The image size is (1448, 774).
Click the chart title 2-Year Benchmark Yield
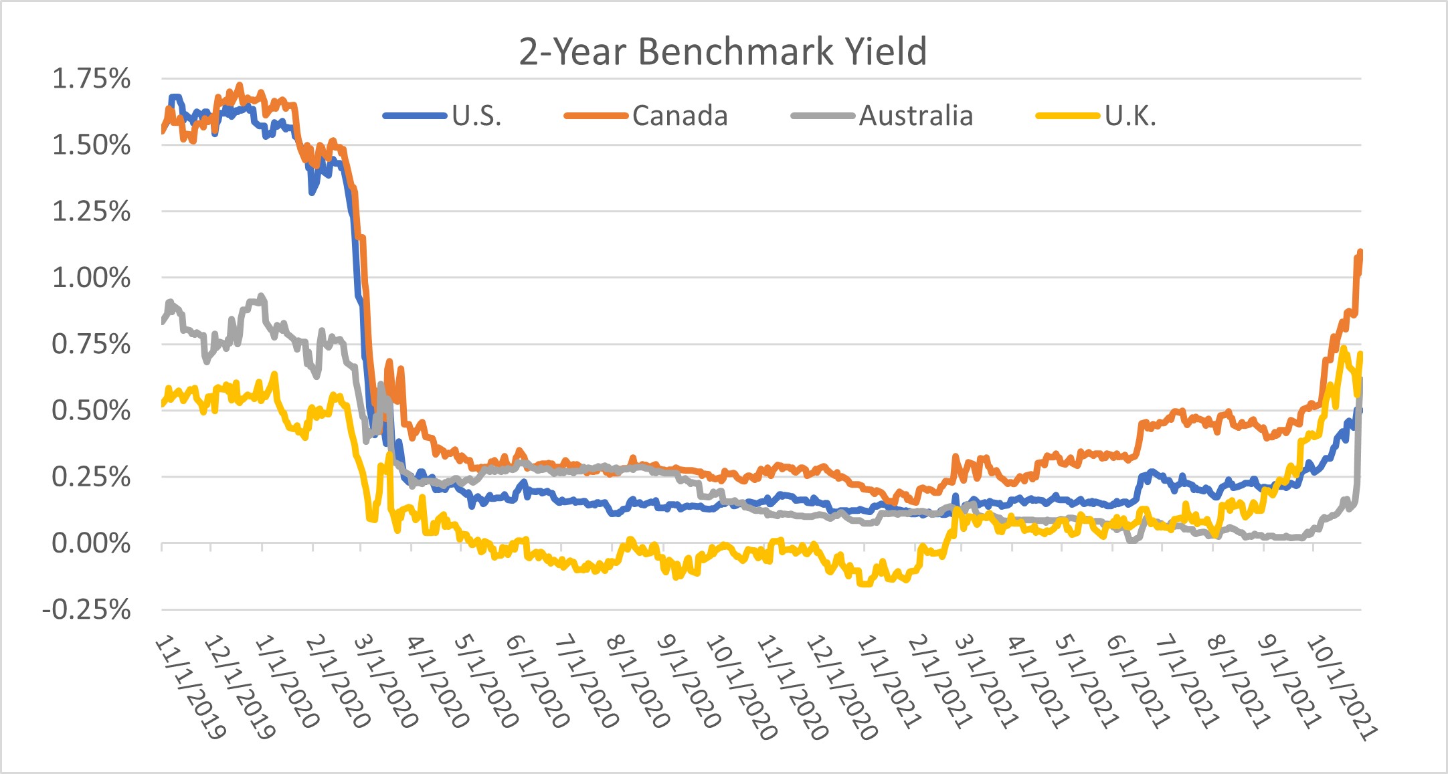(x=723, y=52)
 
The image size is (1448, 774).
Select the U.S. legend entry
(x=476, y=116)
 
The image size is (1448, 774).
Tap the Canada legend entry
(x=679, y=116)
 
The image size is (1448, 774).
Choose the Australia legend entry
(x=915, y=116)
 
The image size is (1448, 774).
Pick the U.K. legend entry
(x=1130, y=116)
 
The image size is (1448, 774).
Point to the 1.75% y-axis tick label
(x=91, y=79)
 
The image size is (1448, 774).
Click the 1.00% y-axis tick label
(x=91, y=278)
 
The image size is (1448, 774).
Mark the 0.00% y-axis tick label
(x=91, y=543)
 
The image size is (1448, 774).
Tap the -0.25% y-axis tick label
(x=86, y=609)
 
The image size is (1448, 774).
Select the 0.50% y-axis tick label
(x=91, y=410)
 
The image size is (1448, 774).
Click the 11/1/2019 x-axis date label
(x=191, y=687)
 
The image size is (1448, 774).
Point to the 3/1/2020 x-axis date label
(x=386, y=682)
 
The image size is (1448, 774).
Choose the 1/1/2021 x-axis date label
(x=889, y=682)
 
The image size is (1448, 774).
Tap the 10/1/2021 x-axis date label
(x=1341, y=687)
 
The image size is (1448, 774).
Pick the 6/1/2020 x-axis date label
(x=537, y=682)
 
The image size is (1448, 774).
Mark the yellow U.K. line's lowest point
(x=865, y=585)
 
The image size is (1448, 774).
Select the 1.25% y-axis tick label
(x=91, y=211)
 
